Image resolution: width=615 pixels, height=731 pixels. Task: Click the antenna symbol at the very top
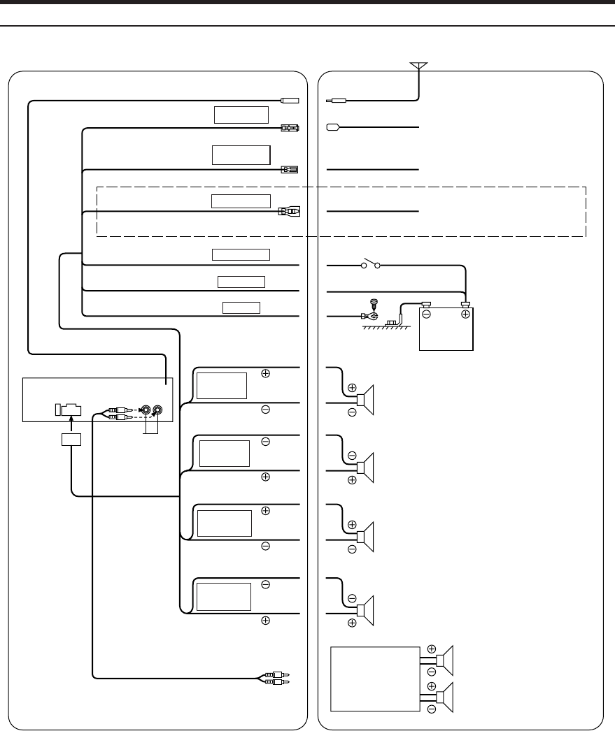pos(418,65)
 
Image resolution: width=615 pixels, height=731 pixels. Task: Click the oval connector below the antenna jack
pos(333,128)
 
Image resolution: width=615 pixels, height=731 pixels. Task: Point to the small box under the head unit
pos(71,440)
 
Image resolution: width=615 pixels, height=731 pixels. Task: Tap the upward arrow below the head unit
pos(71,421)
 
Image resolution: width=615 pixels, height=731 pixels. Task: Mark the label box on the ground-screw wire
pos(241,307)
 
